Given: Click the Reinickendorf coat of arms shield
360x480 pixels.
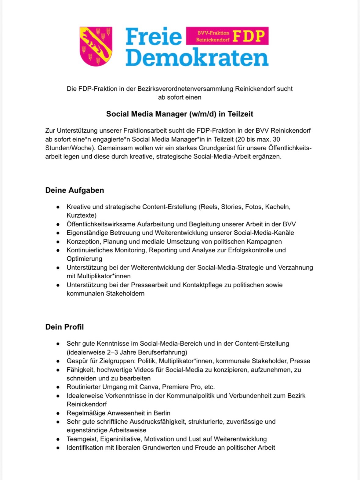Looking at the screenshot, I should tap(96, 46).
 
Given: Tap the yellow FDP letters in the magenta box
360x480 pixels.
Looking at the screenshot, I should tap(249, 36).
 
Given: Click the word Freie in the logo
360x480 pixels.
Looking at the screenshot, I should tap(154, 37).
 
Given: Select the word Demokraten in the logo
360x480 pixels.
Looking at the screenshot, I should tap(197, 58).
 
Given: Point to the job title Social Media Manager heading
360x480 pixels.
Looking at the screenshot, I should tap(180, 114).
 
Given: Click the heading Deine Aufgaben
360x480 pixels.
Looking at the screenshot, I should tap(75, 190).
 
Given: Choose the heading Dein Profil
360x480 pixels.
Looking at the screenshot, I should tap(64, 327).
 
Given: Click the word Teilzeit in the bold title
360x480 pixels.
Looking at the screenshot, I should tap(240, 114).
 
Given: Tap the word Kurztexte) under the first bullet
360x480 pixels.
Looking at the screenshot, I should tap(82, 215).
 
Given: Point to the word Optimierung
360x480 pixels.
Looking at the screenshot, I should tap(84, 259).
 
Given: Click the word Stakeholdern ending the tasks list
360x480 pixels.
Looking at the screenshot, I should tap(125, 294).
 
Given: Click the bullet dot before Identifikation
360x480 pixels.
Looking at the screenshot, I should tap(58, 448).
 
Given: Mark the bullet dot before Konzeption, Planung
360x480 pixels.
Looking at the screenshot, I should tap(58, 242).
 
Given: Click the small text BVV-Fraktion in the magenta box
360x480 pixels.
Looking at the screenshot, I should tap(213, 33).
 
